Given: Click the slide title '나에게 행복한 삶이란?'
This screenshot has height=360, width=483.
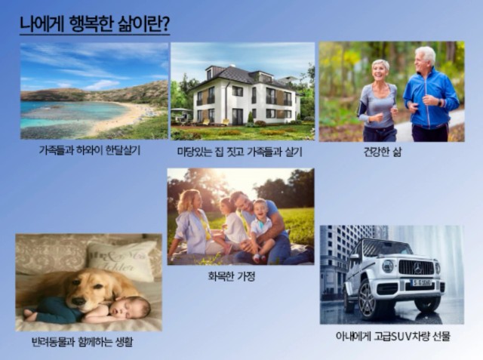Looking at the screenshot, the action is coord(94,23).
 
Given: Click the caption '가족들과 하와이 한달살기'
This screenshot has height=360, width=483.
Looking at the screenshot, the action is coord(90,150).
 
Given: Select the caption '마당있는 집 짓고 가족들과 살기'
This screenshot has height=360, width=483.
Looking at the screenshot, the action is coord(240,152).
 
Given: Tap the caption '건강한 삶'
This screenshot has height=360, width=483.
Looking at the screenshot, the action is coord(383,152).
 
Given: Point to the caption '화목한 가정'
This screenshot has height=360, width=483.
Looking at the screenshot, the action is coord(232,276).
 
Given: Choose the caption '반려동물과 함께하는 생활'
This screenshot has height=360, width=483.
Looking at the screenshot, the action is coord(82,342).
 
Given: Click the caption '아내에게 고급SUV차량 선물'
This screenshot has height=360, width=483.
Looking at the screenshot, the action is coord(393,336).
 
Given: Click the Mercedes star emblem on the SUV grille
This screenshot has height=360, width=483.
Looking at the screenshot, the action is coord(417,268).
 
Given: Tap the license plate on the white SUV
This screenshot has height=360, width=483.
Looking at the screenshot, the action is coord(422,282).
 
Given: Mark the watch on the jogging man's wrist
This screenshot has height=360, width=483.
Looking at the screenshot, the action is coord(440,102).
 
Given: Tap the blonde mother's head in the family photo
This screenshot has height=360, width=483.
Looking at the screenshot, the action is coord(189,200).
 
